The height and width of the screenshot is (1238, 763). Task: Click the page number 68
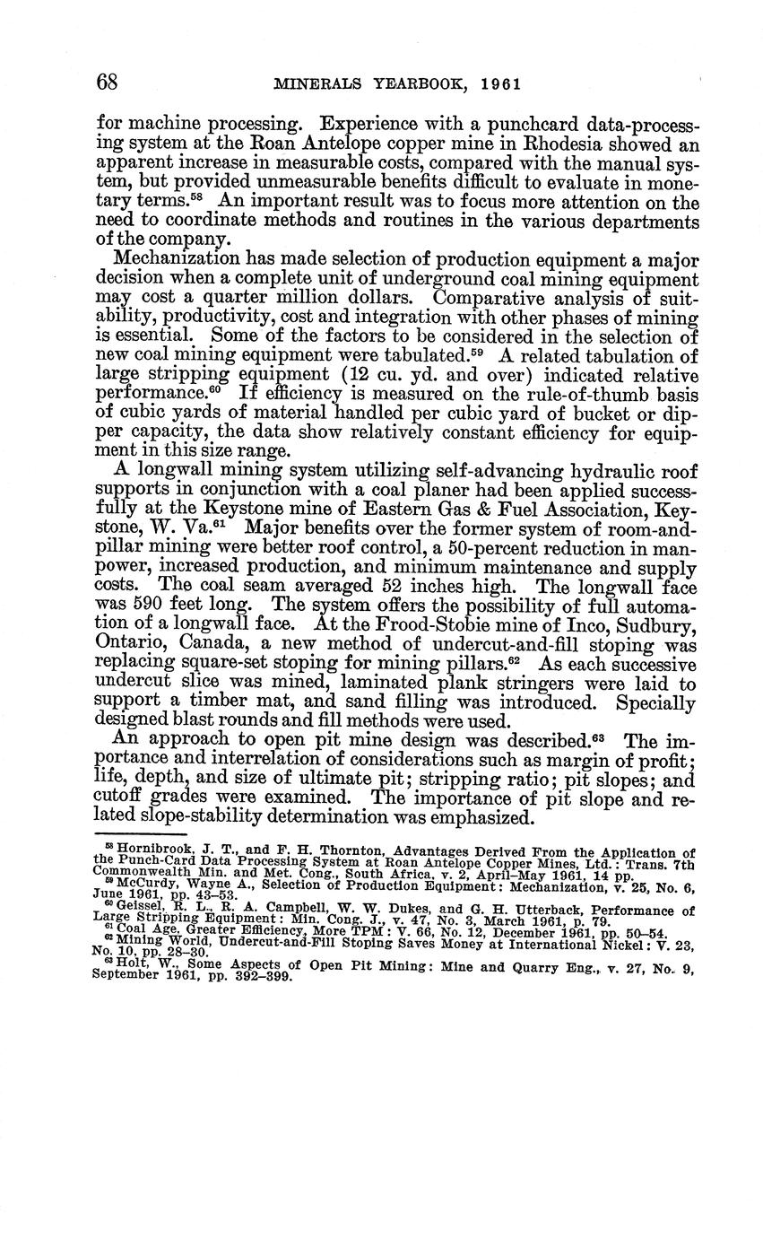(x=108, y=83)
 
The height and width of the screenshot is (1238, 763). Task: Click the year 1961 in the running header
(x=500, y=84)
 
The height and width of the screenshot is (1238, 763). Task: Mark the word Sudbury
(x=658, y=623)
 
